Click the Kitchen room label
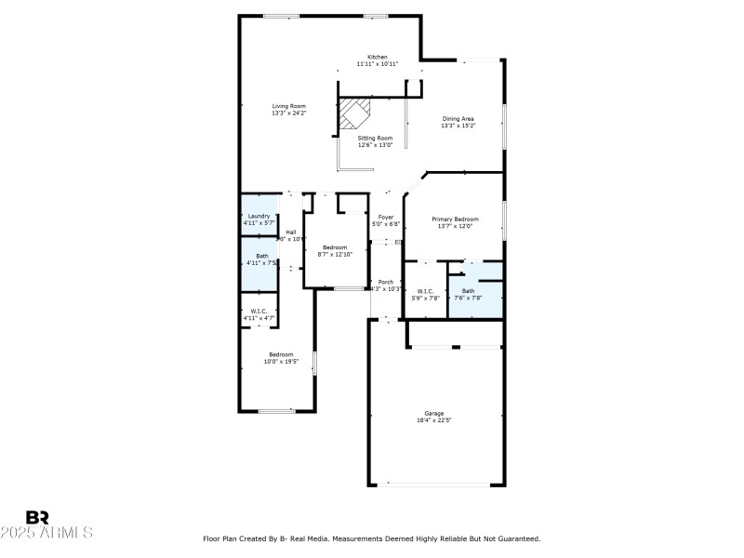(377, 57)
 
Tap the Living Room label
(288, 106)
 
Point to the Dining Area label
(458, 119)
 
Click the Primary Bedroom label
(455, 219)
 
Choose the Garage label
(434, 413)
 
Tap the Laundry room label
(259, 216)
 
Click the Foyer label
(385, 216)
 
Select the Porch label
(385, 282)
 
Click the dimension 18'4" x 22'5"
(434, 420)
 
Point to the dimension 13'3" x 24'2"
(288, 113)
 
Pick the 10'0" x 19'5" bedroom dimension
(281, 361)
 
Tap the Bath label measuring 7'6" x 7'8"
(468, 291)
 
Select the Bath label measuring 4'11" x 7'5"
(262, 256)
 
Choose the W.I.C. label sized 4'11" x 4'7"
(259, 312)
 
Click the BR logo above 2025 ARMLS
(37, 517)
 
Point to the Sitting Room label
(376, 138)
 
